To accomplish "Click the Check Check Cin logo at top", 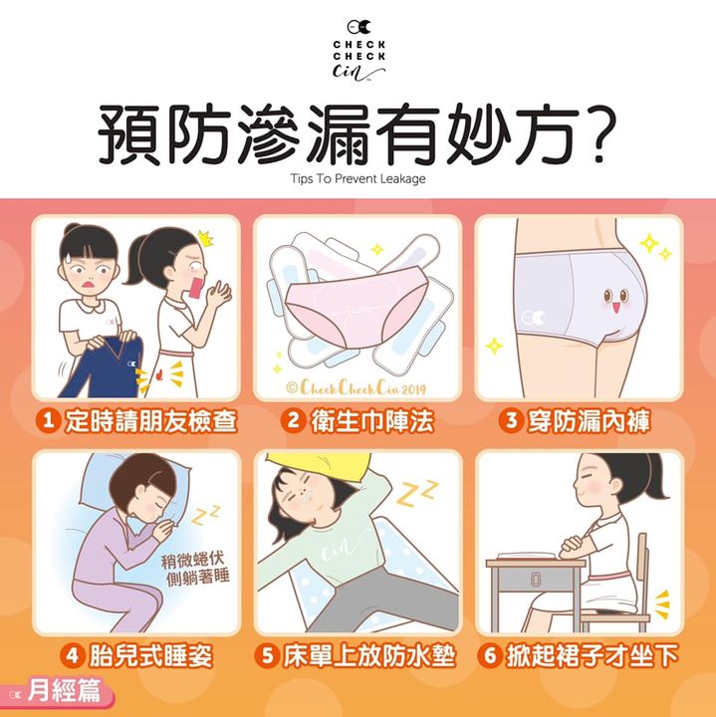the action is (x=358, y=50).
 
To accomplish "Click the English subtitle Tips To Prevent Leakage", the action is (x=358, y=178).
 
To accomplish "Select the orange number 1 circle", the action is (x=48, y=420).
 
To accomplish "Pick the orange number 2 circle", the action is (x=293, y=420).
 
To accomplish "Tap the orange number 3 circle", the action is (x=511, y=420).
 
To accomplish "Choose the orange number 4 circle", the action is (x=73, y=655).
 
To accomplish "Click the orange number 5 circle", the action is (x=267, y=655).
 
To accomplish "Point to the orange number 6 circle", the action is (x=490, y=655).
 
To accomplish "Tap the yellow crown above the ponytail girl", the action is (x=206, y=238).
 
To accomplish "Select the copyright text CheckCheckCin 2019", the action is (x=357, y=387).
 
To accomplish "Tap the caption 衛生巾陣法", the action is (x=372, y=420).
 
